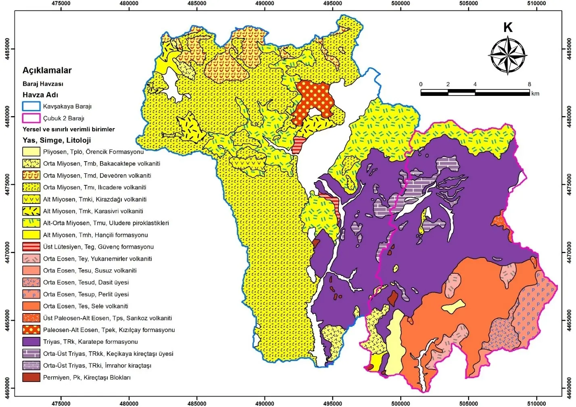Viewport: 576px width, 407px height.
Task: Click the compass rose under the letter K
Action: pos(508,56)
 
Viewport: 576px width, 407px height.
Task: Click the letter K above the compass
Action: pos(508,27)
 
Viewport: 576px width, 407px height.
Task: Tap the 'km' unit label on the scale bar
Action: pos(535,93)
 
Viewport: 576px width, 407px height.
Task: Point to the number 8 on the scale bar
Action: pos(529,84)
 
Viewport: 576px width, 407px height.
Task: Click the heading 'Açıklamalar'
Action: pos(47,70)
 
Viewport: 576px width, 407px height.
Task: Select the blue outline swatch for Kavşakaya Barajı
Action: pos(31,106)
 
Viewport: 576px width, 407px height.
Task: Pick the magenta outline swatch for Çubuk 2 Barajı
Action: pos(31,118)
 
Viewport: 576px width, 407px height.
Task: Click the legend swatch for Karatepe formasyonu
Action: pos(31,342)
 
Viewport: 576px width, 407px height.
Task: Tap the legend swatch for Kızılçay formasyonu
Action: pos(31,330)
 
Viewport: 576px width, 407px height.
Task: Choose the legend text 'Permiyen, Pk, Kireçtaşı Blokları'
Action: pos(87,378)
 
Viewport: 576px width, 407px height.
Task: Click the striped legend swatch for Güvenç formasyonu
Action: pos(31,247)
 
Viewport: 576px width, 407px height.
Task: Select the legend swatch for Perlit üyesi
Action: pos(31,294)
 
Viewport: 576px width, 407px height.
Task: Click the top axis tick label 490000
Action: pos(265,3)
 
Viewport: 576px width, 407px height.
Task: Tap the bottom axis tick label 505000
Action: pos(469,403)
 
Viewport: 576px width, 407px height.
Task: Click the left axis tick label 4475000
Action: pos(7,185)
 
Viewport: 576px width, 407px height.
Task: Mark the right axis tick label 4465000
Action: pos(569,320)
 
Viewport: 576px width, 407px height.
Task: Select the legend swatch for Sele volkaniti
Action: pos(31,306)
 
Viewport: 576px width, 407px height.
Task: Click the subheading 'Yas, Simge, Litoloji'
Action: pos(56,140)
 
